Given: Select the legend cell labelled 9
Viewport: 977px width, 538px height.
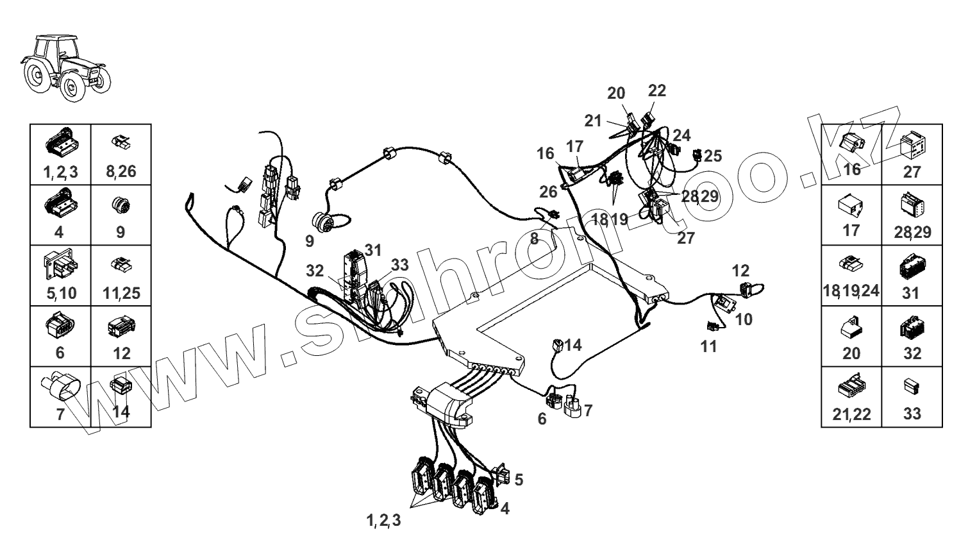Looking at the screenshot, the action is (121, 215).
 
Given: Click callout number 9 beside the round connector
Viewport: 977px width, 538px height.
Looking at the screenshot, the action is (310, 242).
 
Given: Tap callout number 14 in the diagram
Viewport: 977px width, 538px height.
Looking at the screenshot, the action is (573, 346).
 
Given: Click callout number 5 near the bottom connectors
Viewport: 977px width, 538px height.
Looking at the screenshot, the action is (519, 479).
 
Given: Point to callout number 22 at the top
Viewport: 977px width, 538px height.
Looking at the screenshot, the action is (657, 90).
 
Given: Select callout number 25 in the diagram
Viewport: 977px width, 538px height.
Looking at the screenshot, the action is (713, 155).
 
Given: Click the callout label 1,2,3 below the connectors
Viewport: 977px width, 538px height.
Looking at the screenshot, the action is (384, 521).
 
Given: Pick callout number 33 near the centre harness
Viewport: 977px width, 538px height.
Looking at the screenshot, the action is (399, 264).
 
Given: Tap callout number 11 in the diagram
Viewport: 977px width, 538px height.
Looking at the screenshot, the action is (708, 347).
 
